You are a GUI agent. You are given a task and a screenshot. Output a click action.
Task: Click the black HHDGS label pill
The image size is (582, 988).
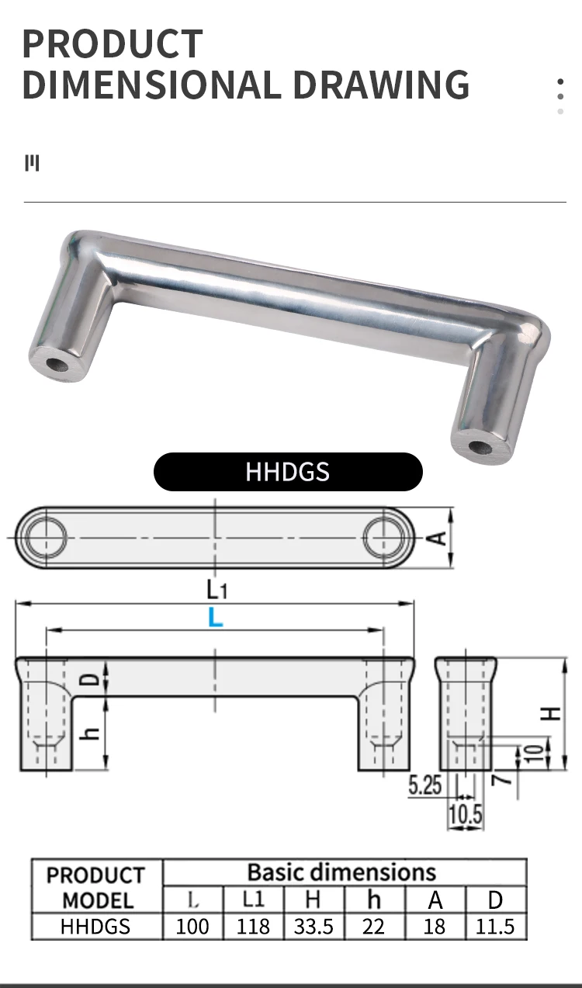288,472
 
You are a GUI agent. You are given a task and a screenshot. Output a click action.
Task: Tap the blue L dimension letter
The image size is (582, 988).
216,618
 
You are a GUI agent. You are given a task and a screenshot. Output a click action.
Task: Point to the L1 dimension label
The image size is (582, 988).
217,590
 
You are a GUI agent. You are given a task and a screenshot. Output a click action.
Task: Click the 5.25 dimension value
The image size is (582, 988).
424,785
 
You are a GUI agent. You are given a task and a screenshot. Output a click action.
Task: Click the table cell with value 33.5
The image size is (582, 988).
314,926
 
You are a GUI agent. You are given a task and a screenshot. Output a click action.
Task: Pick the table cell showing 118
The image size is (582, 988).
253,926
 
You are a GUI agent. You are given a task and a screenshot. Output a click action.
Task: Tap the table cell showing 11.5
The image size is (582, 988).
495,926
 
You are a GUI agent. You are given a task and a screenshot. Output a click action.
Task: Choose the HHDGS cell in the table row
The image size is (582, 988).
96,926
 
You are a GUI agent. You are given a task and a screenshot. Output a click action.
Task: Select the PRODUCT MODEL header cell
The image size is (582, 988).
96,887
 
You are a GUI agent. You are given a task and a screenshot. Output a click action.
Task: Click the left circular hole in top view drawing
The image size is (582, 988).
44,537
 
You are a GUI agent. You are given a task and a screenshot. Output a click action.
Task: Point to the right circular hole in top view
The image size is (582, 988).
386,537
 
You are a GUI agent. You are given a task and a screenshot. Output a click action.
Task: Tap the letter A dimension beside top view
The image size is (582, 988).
438,537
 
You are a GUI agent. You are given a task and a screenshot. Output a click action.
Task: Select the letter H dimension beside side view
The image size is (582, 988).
551,712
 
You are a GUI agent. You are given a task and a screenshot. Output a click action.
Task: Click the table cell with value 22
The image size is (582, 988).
374,926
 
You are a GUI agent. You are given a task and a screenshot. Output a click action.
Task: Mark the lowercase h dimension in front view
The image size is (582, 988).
92,731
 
